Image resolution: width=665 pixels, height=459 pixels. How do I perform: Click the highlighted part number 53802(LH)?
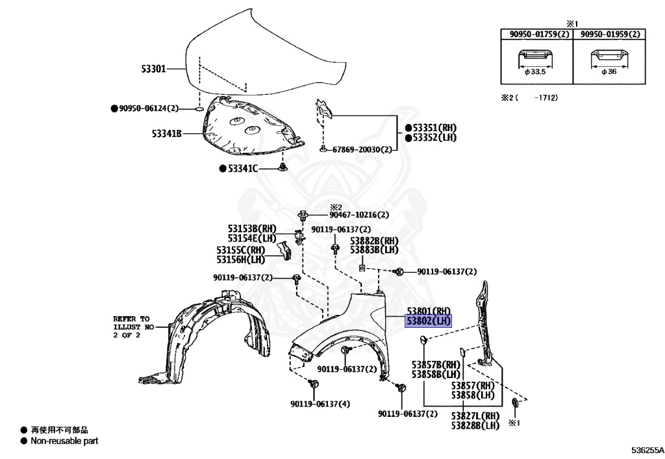(428, 321)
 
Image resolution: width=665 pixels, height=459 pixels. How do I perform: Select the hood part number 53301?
(155, 68)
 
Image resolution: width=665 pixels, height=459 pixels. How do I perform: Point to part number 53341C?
(242, 169)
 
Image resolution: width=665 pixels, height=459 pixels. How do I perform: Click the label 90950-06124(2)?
(147, 108)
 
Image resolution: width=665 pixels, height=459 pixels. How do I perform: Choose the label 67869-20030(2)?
(362, 149)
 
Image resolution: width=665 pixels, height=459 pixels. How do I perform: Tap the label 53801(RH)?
(429, 311)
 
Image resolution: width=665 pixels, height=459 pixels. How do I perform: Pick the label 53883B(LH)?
(374, 250)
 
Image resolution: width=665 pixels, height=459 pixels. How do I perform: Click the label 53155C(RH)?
(241, 250)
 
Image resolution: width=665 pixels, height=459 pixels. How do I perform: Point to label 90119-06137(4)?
(320, 404)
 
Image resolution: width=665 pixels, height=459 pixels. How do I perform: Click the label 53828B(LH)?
(475, 426)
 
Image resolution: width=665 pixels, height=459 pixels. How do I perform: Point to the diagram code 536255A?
(647, 450)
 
